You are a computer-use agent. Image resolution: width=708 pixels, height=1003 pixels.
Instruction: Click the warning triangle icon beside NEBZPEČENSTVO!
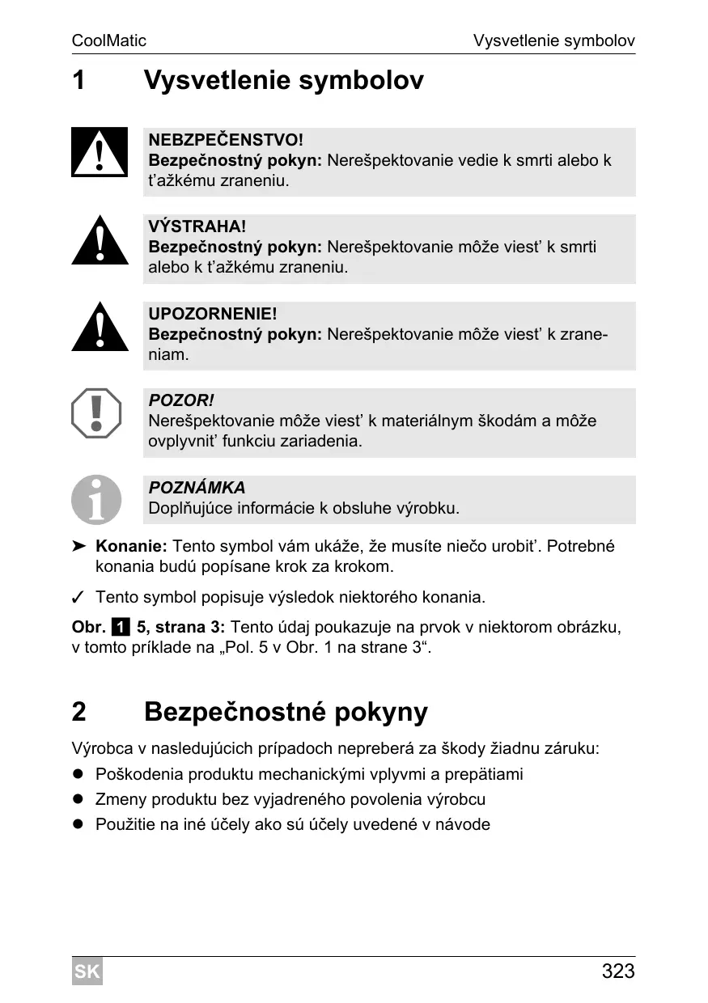point(100,153)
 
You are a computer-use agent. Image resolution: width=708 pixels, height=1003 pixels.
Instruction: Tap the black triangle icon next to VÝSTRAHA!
point(100,242)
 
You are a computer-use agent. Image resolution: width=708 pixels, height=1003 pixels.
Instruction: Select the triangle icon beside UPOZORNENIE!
point(100,328)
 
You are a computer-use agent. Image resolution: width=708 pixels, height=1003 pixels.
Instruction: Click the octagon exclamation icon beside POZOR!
point(96,413)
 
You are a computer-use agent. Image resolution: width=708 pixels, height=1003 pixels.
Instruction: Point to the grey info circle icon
point(96,499)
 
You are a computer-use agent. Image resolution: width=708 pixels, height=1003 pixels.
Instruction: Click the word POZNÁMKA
point(197,488)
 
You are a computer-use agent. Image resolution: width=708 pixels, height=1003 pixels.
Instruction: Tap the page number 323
point(618,971)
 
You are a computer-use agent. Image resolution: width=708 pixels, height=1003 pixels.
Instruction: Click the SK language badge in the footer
point(87,971)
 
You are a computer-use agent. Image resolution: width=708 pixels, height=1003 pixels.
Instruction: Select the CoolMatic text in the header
point(109,40)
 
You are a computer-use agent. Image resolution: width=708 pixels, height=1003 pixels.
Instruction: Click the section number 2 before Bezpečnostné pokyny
point(78,712)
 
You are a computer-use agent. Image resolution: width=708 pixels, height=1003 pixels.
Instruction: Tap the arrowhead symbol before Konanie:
point(78,547)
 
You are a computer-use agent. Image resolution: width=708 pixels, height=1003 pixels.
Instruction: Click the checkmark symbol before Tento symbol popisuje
point(78,598)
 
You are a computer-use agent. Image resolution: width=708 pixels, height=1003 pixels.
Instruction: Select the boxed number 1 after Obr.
point(121,627)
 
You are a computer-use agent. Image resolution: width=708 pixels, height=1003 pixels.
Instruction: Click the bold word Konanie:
point(131,547)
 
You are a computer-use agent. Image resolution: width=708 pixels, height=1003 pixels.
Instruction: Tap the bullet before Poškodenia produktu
point(78,775)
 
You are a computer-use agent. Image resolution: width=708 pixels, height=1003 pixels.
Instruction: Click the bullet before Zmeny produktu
point(78,800)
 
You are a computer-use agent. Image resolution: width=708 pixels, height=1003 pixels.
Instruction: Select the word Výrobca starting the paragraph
point(102,748)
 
